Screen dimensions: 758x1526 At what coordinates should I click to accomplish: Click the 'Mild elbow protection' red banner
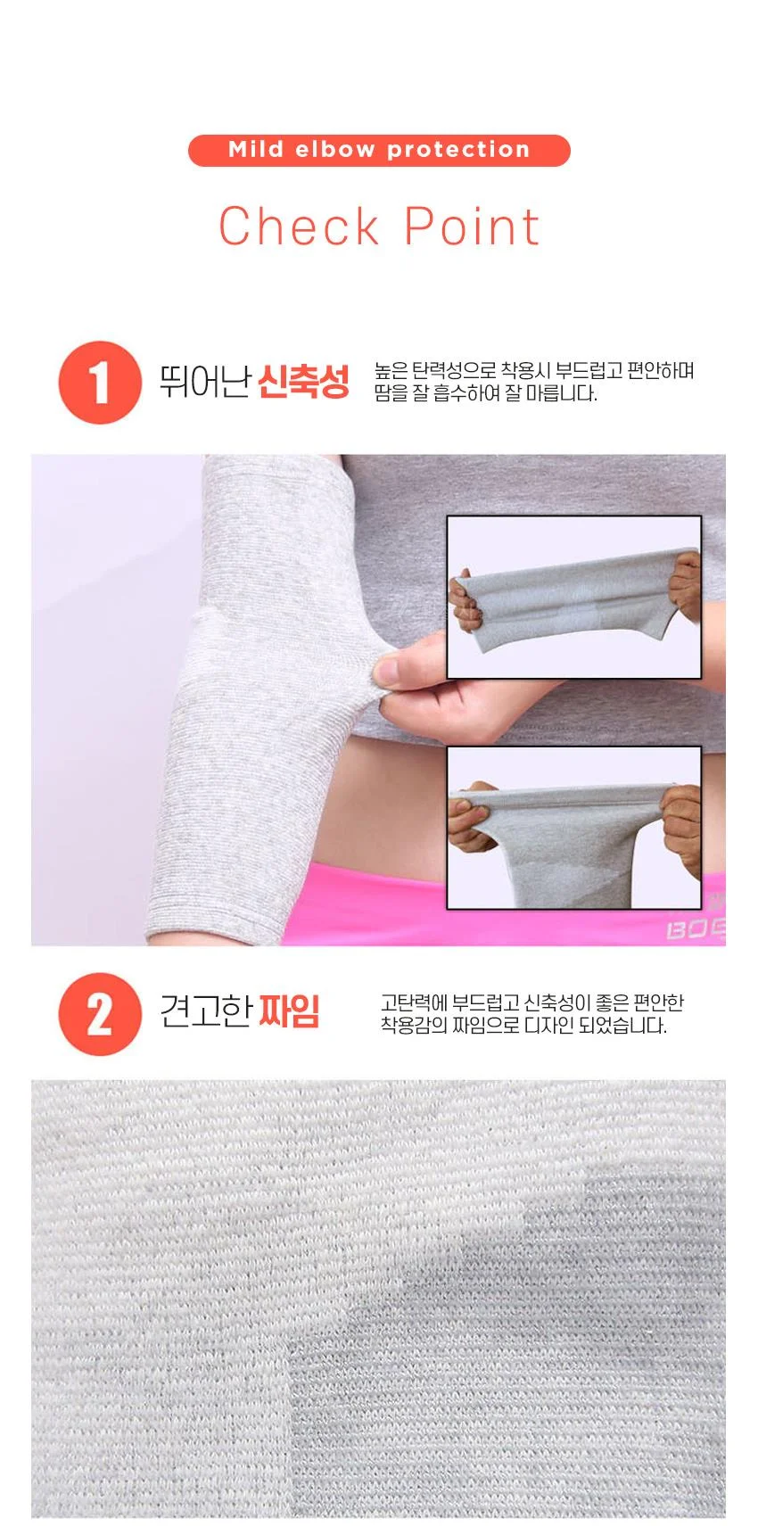coord(379,150)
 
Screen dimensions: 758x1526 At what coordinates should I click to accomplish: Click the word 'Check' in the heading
coord(299,227)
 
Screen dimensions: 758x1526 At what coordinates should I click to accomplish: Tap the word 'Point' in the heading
coord(472,227)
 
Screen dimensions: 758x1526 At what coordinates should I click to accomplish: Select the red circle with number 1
coord(100,383)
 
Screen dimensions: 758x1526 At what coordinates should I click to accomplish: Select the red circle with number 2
coord(100,1014)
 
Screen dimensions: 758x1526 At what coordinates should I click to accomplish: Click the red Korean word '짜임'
coord(289,1011)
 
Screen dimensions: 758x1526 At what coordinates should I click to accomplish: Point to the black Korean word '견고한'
coord(206,1011)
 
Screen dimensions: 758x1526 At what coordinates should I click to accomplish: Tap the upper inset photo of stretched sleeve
coord(574,597)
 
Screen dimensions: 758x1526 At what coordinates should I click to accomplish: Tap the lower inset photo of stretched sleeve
coord(574,828)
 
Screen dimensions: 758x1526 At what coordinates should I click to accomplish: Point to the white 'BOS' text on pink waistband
coord(696,929)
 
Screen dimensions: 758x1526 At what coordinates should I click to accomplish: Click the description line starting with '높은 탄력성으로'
coord(534,371)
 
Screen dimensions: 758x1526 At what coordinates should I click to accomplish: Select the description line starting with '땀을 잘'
coord(486,393)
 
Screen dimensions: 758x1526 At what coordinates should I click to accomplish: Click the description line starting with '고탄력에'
coord(531,1002)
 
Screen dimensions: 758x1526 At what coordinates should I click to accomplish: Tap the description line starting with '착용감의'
coord(523,1026)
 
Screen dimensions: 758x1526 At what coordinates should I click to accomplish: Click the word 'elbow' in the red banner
coord(335,149)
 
